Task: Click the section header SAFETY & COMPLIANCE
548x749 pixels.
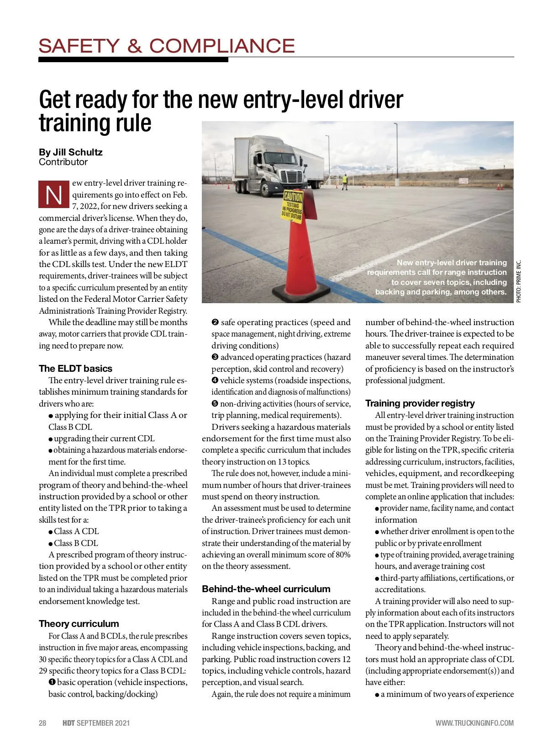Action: point(167,46)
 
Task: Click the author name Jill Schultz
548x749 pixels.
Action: point(78,152)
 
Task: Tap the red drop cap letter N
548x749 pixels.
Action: point(54,195)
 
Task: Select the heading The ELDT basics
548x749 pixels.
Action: point(75,369)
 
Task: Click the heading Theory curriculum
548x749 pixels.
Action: point(79,624)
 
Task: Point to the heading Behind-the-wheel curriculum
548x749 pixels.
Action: point(266,589)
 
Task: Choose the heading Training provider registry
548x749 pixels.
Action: point(420,403)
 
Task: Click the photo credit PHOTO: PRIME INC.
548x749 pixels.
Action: point(518,281)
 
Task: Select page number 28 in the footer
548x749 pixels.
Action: point(42,723)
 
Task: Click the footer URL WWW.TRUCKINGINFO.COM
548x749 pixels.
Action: point(474,723)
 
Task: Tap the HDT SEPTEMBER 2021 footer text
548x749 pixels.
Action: point(96,723)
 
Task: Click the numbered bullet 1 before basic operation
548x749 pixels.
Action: point(52,682)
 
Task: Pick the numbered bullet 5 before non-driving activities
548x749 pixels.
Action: point(215,404)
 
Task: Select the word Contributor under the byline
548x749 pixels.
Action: point(63,162)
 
